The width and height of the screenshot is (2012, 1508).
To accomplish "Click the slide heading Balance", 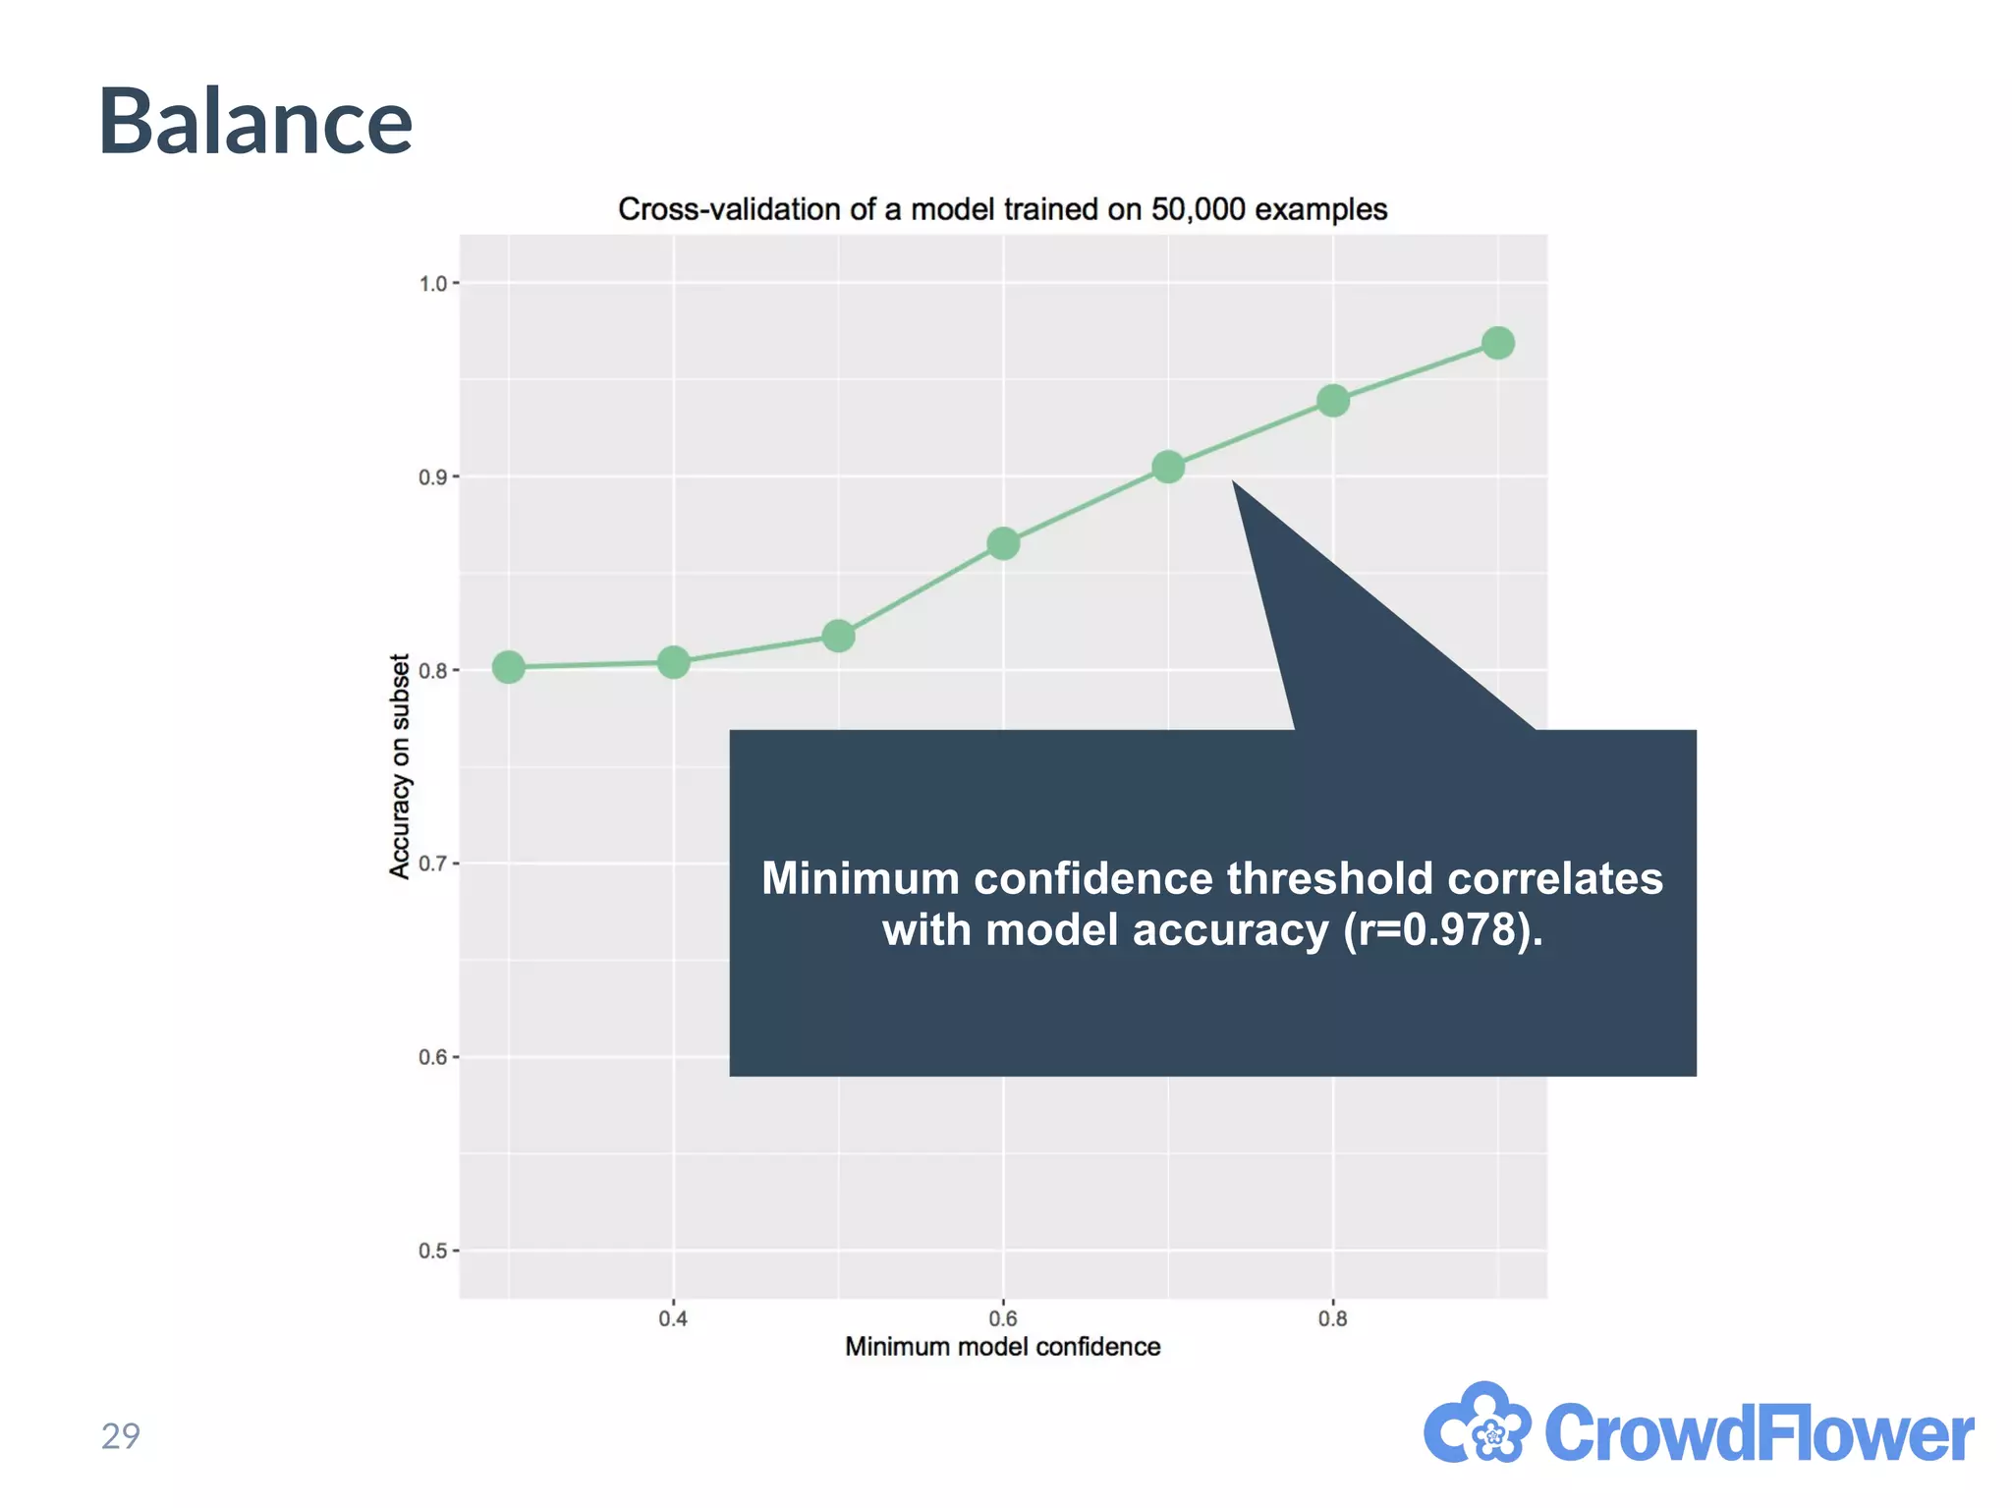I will pos(255,122).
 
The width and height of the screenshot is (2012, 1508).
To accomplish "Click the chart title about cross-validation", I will pos(1002,209).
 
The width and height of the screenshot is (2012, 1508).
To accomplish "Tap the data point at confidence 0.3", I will pos(508,667).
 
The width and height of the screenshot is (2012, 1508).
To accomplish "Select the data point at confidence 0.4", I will pos(673,663).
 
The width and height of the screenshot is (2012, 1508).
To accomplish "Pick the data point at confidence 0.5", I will pos(838,636).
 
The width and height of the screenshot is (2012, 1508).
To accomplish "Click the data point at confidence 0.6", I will pos(1003,543).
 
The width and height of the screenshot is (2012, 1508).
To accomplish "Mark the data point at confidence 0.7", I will pos(1168,467).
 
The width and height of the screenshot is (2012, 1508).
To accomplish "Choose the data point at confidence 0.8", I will pos(1333,401).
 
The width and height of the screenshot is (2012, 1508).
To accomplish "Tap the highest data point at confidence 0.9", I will pos(1497,343).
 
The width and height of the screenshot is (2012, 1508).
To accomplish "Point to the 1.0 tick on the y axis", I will pos(432,284).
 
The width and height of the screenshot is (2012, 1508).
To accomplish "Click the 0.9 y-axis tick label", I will pos(432,477).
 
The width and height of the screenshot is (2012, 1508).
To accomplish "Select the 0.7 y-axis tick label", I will pos(432,865).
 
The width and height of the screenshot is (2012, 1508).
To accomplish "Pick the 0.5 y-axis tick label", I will pos(432,1252).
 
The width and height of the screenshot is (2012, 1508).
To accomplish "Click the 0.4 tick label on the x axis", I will pos(673,1318).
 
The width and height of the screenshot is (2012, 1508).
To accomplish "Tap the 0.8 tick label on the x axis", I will pos(1332,1318).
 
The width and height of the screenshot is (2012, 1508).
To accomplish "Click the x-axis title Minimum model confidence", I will pos(1002,1347).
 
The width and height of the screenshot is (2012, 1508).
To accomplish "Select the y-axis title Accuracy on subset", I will pos(399,766).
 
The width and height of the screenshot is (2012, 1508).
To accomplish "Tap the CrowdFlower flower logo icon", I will pos(1478,1425).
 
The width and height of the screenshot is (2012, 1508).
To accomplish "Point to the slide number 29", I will pos(121,1436).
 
